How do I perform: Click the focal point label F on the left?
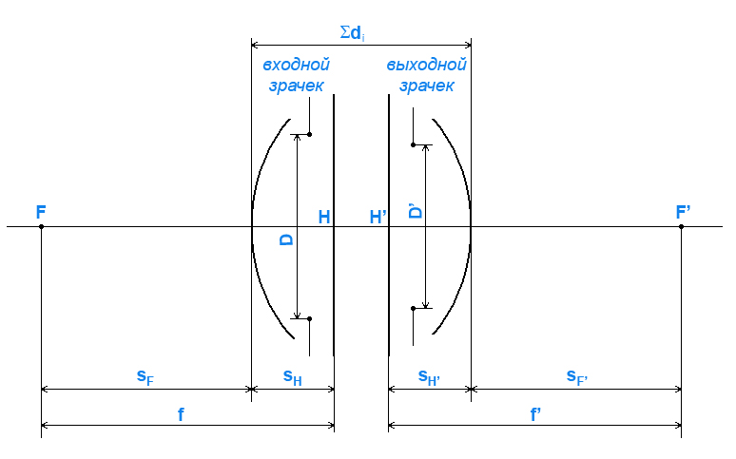coord(41,212)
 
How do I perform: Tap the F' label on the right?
coord(683,212)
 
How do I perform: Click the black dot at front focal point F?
coord(41,227)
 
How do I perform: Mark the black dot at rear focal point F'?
coord(681,227)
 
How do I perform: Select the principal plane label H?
coord(324,217)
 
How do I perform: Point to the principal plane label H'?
coord(378,217)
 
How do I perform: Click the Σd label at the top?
coord(352,33)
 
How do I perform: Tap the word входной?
coord(296,65)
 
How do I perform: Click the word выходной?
coord(426,65)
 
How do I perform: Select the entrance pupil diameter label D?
coord(286,239)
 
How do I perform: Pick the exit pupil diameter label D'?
coord(415,211)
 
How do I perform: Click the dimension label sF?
coord(145,377)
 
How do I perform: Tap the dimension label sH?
coord(293,377)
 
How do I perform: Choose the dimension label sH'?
coord(429,377)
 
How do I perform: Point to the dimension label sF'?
coord(577,377)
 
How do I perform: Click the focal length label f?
coord(181,414)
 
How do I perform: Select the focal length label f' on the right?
coord(535,414)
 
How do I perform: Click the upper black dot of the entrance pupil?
coord(309,135)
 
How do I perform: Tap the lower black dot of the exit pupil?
coord(413,308)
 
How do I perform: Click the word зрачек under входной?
coord(296,86)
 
